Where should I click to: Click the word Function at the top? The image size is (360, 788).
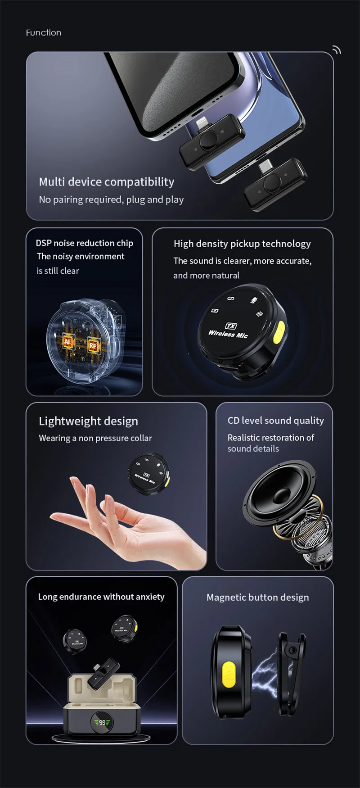click(x=44, y=33)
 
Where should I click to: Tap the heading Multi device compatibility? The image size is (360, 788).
click(x=107, y=182)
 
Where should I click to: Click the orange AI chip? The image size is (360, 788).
click(x=67, y=341)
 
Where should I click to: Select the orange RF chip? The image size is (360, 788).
click(x=93, y=345)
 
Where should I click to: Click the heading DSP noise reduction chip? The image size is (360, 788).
click(x=85, y=243)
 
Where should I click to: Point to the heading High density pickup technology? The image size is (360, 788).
click(x=242, y=244)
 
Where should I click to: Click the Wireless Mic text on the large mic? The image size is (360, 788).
click(x=228, y=334)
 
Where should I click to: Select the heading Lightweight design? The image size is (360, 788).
click(x=89, y=421)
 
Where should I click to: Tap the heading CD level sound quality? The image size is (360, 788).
click(x=275, y=421)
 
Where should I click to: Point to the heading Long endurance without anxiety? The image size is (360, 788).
click(x=101, y=597)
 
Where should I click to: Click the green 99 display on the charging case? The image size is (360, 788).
click(x=102, y=723)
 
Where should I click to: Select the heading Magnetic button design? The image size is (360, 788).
click(x=258, y=598)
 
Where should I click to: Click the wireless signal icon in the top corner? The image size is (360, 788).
click(x=336, y=50)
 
